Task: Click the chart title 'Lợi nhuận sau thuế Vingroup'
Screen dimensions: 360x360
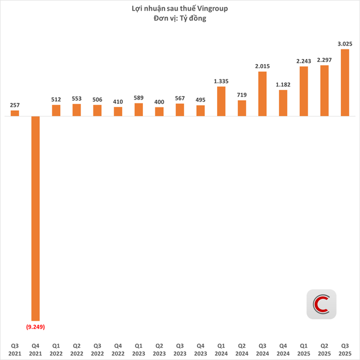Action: tap(180, 8)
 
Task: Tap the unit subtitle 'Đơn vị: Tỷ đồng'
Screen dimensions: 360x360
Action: tap(180, 19)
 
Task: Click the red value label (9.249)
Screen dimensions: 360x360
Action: tap(35, 326)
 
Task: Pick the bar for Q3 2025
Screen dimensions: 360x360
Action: tap(345, 83)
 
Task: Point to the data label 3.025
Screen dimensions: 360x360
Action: tap(345, 43)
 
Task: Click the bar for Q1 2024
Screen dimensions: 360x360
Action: tap(221, 101)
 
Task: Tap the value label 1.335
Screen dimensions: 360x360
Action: tap(221, 81)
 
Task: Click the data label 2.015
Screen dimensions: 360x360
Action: tap(263, 66)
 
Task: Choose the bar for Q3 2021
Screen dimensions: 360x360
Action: tap(15, 113)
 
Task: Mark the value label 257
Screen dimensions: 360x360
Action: tap(15, 105)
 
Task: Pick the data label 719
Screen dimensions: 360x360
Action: tap(242, 95)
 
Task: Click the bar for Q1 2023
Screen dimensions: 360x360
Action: tap(139, 110)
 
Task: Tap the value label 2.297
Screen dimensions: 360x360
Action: tap(325, 60)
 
